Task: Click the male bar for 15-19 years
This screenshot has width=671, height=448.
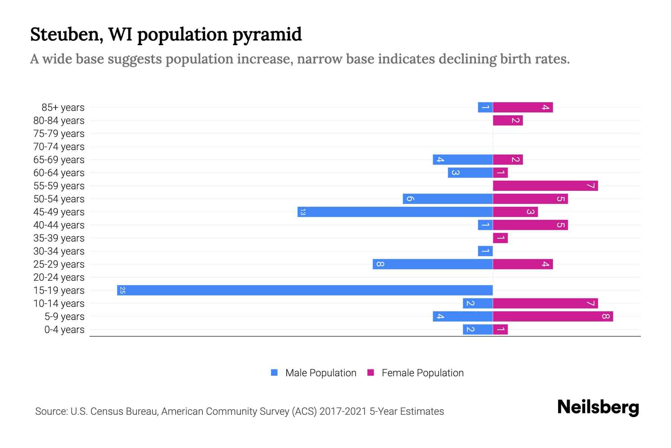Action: tap(305, 290)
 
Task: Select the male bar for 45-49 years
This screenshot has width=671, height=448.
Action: tap(395, 212)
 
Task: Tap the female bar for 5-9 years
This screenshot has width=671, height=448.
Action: tap(553, 317)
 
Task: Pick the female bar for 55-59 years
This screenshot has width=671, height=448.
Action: tap(545, 186)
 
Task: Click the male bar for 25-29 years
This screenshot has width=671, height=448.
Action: tap(433, 264)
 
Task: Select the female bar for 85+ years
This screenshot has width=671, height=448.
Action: tap(523, 108)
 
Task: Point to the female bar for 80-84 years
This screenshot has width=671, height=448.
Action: tap(508, 121)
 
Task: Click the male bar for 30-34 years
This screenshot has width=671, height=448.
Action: tap(485, 251)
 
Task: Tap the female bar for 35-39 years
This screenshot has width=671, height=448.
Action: tap(500, 238)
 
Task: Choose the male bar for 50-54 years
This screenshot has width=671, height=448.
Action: tap(448, 199)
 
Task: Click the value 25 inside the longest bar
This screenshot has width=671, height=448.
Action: tap(122, 290)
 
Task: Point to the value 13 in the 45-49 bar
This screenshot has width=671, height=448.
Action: tap(303, 212)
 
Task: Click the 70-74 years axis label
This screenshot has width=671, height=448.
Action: tap(59, 147)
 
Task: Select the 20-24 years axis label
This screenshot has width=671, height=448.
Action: tap(59, 277)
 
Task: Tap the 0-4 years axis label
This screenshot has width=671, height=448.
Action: tap(64, 330)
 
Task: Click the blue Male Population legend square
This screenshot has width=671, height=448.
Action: tap(274, 373)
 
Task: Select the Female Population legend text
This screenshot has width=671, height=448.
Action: tap(422, 373)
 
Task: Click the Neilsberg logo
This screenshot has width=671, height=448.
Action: tap(598, 407)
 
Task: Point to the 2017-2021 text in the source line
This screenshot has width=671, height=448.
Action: tap(343, 411)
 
